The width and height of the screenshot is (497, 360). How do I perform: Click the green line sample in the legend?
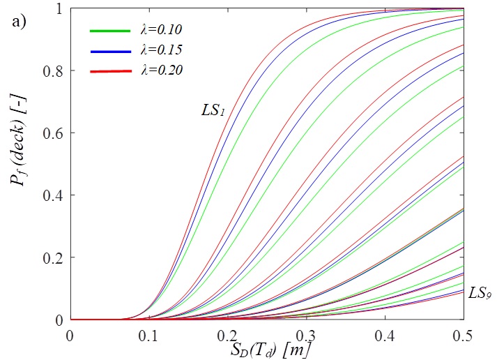pyautogui.click(x=110, y=31)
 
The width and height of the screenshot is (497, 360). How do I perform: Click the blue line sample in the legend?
pyautogui.click(x=110, y=51)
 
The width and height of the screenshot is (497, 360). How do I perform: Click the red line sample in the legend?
pyautogui.click(x=110, y=71)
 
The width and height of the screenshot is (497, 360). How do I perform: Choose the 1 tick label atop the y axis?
pyautogui.click(x=59, y=8)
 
